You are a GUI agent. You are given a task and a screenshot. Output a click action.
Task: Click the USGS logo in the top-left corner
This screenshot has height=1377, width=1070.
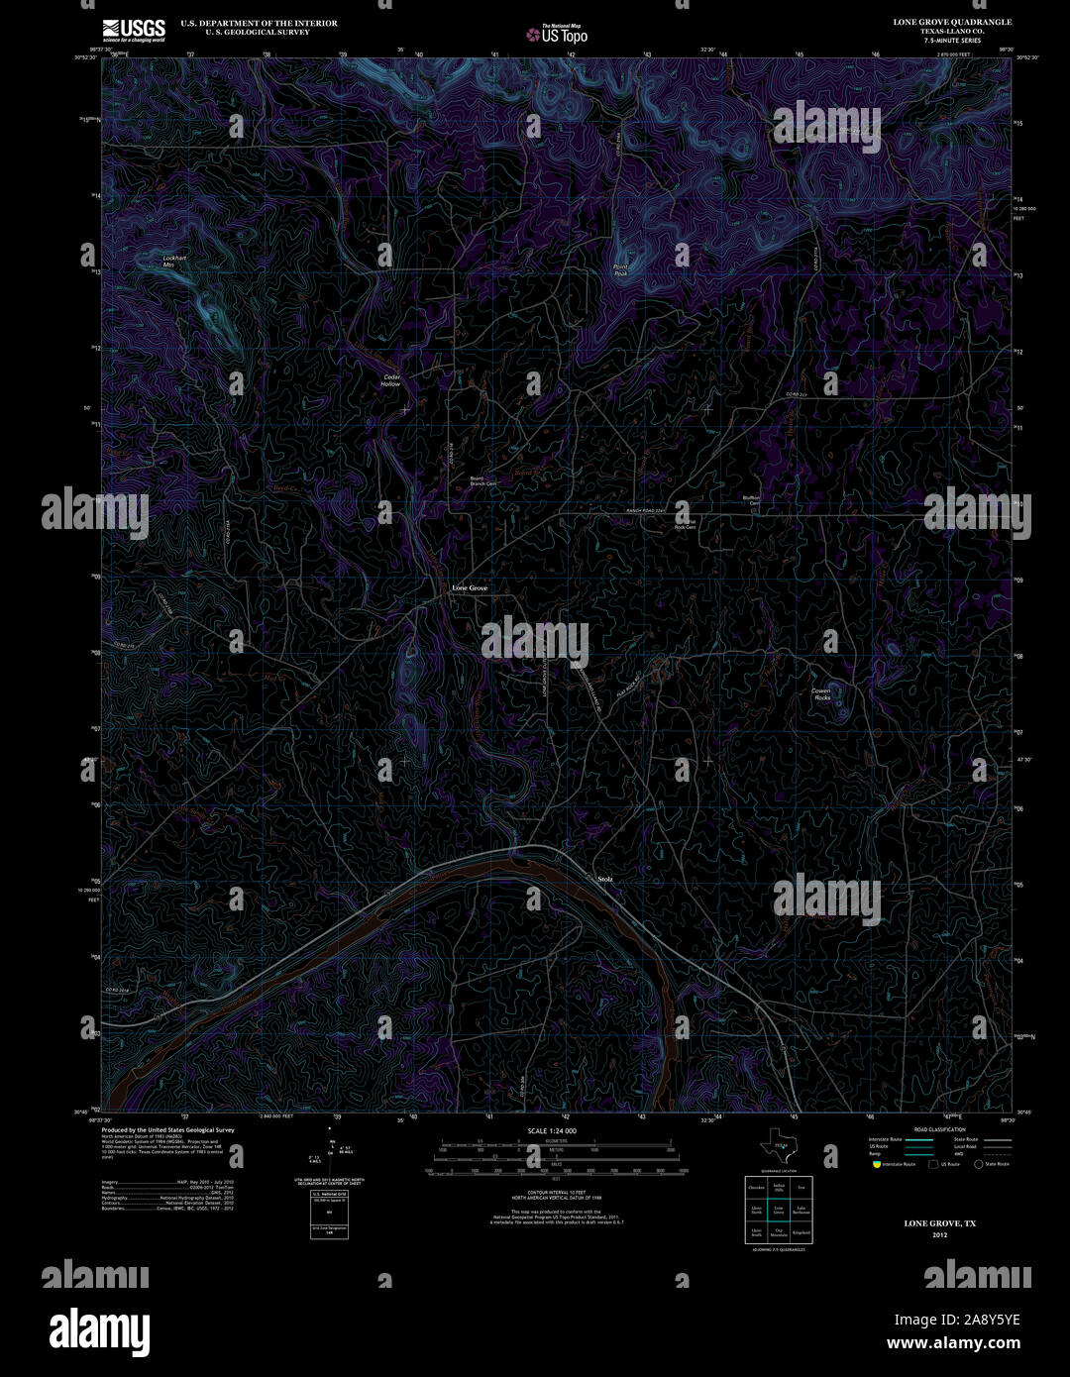pyautogui.click(x=134, y=29)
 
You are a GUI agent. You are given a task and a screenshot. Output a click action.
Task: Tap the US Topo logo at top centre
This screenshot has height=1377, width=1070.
pyautogui.click(x=557, y=35)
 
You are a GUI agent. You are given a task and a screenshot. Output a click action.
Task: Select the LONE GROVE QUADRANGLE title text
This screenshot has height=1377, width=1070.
pyautogui.click(x=952, y=22)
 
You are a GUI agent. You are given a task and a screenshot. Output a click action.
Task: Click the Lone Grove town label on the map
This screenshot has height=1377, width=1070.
pyautogui.click(x=470, y=588)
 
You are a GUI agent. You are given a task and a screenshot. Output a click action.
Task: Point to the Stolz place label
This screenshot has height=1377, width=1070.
pyautogui.click(x=605, y=879)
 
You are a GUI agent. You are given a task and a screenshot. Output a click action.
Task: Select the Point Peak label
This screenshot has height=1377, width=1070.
pyautogui.click(x=620, y=269)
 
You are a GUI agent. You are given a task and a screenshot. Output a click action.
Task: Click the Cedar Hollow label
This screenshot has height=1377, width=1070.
pyautogui.click(x=391, y=379)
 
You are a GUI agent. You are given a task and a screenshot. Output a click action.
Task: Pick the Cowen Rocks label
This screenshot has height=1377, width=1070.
pyautogui.click(x=821, y=694)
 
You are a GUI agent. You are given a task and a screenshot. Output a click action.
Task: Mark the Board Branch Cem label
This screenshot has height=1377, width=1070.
pyautogui.click(x=482, y=481)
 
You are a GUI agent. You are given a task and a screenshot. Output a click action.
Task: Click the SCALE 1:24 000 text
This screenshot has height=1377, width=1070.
pyautogui.click(x=552, y=1130)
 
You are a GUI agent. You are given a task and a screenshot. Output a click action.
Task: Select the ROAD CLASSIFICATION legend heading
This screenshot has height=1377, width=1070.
pyautogui.click(x=939, y=1129)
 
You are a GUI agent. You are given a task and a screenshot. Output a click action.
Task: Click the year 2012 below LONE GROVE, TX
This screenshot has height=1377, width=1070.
pyautogui.click(x=939, y=1235)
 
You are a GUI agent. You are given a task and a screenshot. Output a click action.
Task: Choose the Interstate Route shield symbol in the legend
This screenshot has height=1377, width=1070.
pyautogui.click(x=874, y=1164)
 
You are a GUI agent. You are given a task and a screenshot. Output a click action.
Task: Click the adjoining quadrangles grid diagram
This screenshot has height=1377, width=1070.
pyautogui.click(x=779, y=1210)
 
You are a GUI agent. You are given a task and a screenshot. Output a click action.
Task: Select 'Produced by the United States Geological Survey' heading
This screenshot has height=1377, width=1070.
pyautogui.click(x=167, y=1130)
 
